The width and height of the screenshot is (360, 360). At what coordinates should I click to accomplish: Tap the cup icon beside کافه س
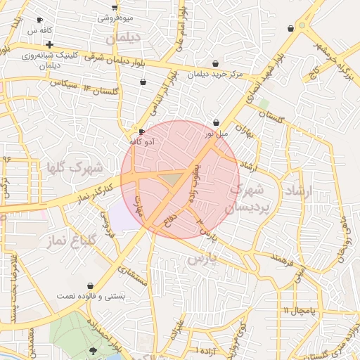[39, 20]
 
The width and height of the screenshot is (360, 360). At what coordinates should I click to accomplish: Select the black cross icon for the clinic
[49, 44]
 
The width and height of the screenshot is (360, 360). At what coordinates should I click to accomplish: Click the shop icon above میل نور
[216, 122]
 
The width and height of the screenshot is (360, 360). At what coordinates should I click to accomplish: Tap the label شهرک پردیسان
[245, 198]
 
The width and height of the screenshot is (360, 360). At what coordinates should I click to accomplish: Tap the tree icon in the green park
[94, 350]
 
